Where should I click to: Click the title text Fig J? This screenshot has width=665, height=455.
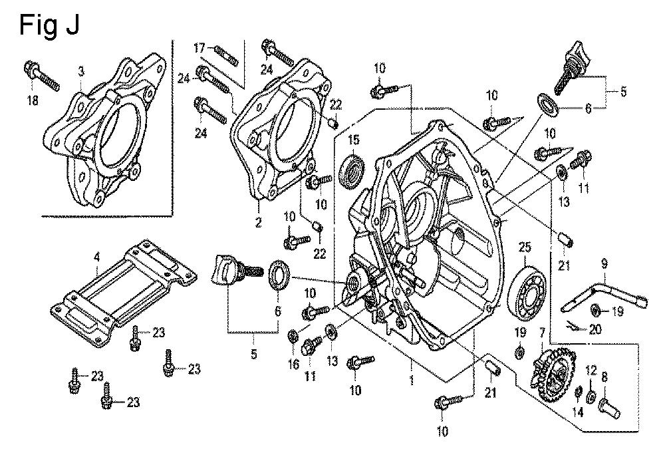point(50,25)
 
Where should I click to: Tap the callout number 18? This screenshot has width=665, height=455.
point(32,100)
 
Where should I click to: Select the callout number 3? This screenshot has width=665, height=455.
point(81,71)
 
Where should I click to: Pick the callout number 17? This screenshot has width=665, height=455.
point(200,47)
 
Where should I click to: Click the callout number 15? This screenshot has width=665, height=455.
point(353,139)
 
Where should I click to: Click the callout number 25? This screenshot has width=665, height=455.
point(525,247)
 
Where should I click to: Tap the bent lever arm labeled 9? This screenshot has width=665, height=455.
point(598,293)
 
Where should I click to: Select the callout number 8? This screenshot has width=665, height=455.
point(604,377)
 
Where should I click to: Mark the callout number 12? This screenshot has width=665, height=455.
point(590,371)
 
